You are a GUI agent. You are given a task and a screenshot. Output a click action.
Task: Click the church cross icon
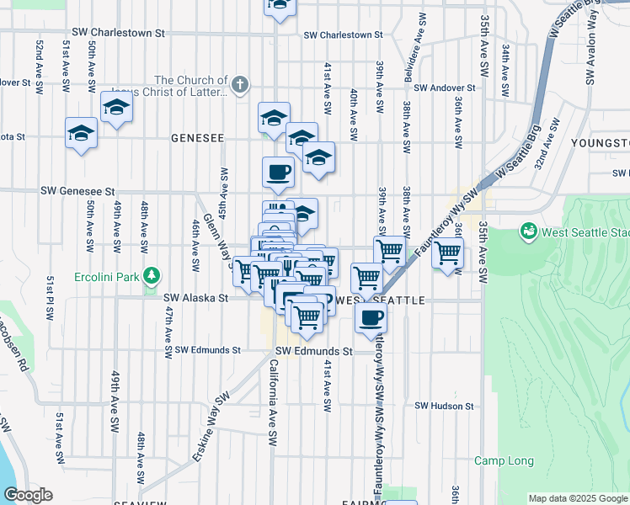click(240, 83)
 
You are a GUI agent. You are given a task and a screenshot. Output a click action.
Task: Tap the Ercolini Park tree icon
click(152, 275)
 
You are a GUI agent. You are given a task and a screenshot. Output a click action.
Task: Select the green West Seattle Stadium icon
click(529, 230)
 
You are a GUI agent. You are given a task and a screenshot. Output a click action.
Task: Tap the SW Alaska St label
click(195, 298)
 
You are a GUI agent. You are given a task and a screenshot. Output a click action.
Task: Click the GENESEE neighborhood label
click(197, 137)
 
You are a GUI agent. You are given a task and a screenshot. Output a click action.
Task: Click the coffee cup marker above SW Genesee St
click(278, 173)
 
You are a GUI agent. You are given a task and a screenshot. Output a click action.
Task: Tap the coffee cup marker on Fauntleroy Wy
click(371, 318)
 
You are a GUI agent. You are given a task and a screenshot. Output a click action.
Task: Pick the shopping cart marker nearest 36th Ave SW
click(447, 251)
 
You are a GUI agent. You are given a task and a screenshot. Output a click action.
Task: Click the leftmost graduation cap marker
click(82, 134)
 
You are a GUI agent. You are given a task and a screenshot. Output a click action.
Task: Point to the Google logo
click(28, 495)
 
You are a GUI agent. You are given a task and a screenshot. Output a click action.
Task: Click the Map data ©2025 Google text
click(577, 498)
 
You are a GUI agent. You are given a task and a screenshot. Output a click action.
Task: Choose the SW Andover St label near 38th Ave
click(446, 88)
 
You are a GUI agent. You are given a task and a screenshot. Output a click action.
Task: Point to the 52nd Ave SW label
click(40, 60)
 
